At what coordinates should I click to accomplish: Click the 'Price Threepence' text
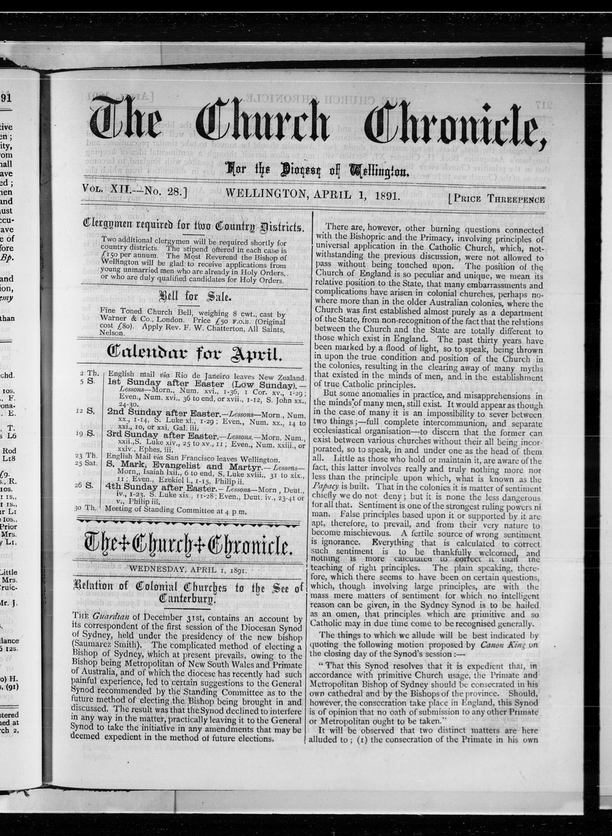[496, 198]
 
